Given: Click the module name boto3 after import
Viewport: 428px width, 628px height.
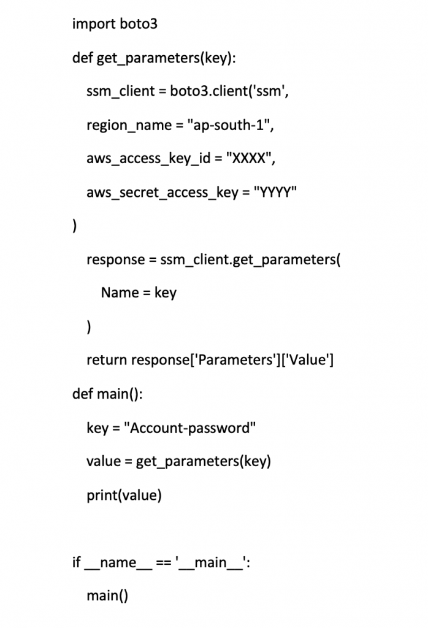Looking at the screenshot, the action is pyautogui.click(x=139, y=24).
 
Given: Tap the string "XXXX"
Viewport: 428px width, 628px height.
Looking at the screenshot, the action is pyautogui.click(x=248, y=158).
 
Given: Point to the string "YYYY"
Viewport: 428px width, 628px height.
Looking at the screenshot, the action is pyautogui.click(x=275, y=192).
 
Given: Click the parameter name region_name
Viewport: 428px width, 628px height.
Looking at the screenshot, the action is pyautogui.click(x=129, y=126).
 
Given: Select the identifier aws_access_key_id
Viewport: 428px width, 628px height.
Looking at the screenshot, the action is pyautogui.click(x=148, y=159).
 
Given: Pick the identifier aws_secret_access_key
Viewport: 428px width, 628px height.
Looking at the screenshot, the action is pyautogui.click(x=162, y=193).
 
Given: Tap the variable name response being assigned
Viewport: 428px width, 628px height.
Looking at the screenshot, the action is pyautogui.click(x=116, y=260).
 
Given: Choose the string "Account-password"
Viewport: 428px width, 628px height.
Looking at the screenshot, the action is pyautogui.click(x=189, y=428).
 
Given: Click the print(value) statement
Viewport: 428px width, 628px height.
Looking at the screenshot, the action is pyautogui.click(x=124, y=496).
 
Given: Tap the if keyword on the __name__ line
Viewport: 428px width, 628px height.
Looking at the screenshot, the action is pyautogui.click(x=77, y=562).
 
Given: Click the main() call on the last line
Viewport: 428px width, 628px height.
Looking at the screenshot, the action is pyautogui.click(x=107, y=596).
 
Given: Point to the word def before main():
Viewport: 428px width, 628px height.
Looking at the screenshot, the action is pyautogui.click(x=83, y=394).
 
